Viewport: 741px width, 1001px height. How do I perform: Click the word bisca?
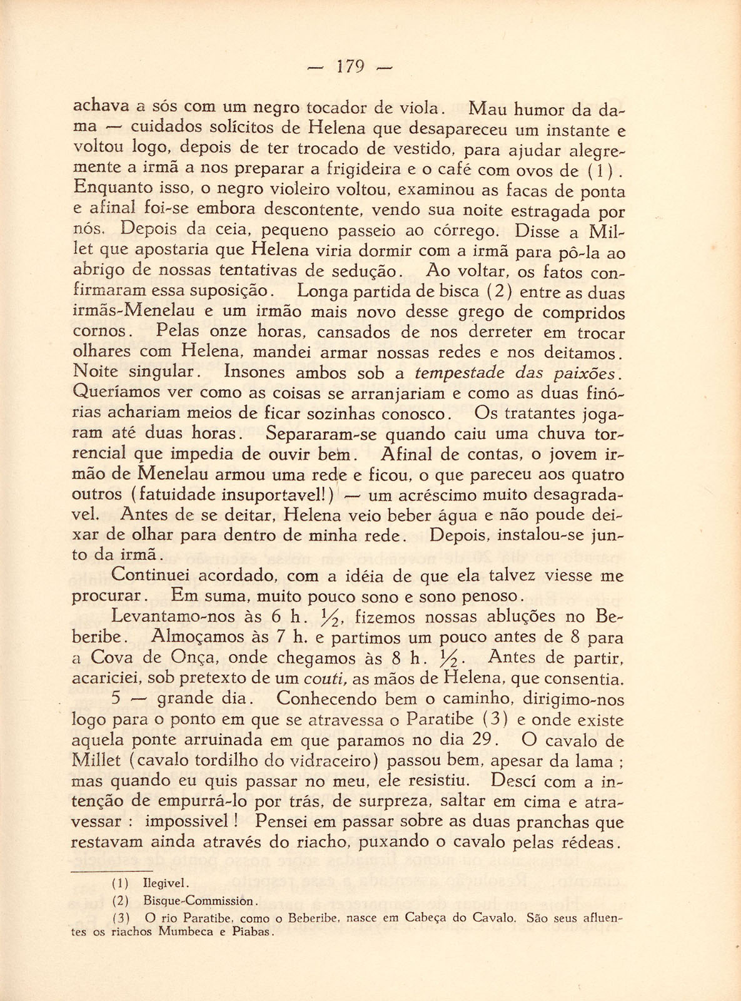[460, 292]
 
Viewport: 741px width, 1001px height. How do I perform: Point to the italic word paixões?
[585, 373]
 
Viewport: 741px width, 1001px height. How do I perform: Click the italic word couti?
[322, 678]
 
